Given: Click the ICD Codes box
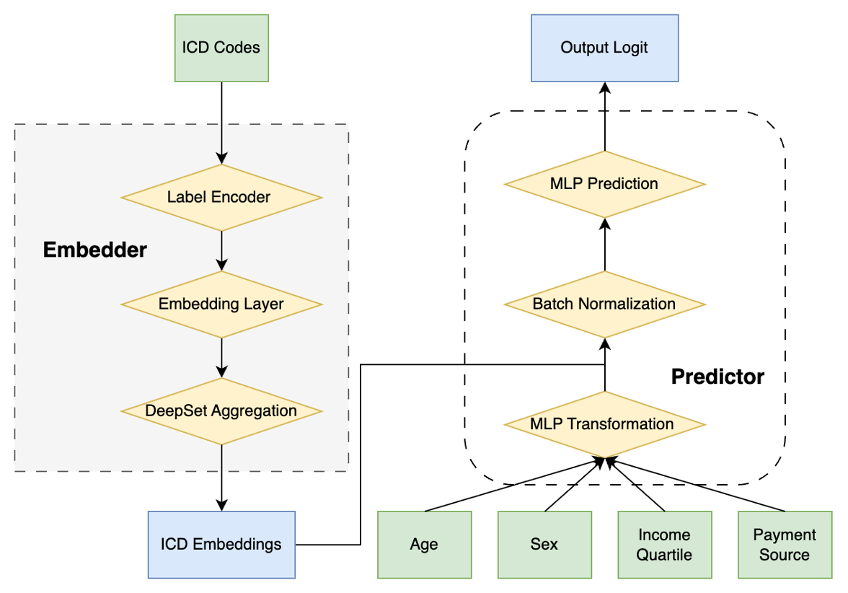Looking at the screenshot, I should [221, 48].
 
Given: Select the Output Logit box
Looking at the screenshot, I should [604, 48].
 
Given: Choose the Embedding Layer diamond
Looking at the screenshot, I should [221, 304].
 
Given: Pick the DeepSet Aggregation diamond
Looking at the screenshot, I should [221, 410].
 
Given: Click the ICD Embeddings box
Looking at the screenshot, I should [221, 544].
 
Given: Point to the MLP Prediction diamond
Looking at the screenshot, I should [604, 183].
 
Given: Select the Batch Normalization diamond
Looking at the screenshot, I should [604, 304].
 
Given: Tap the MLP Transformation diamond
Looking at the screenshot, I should [604, 423].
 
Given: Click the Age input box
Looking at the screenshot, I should [425, 544].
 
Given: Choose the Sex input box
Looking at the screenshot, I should [544, 544].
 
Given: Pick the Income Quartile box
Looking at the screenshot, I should [664, 544].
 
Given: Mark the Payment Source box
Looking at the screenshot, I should [785, 544].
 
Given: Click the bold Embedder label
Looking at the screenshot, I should [95, 250].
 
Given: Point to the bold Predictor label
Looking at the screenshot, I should [717, 377].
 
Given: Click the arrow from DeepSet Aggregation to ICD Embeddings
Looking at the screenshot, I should [221, 476].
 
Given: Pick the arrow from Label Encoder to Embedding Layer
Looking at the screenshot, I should [221, 250].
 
